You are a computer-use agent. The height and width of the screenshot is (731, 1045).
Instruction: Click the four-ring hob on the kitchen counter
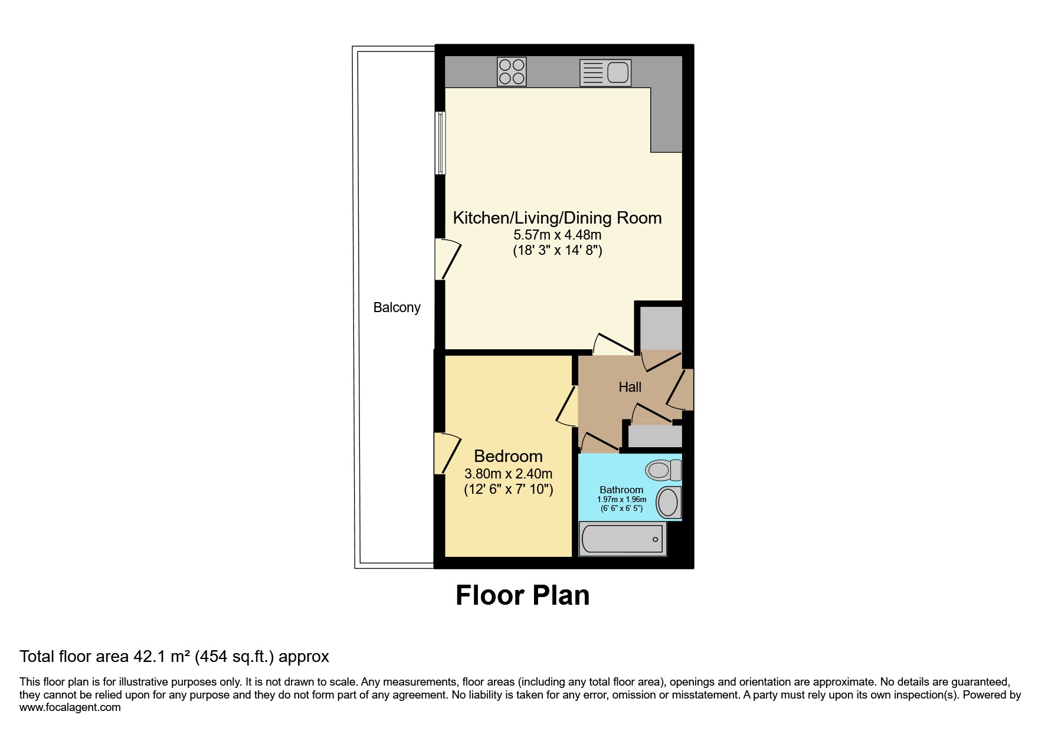(511, 71)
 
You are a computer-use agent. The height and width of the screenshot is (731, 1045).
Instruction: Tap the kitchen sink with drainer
(605, 73)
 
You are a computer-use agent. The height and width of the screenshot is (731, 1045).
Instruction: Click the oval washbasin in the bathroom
(668, 503)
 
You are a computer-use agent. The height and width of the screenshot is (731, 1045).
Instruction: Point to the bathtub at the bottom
(622, 539)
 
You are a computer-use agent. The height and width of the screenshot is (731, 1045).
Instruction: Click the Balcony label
(397, 307)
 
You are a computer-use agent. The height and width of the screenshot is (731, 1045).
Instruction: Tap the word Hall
(630, 387)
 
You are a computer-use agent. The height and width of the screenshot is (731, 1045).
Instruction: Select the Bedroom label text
(508, 456)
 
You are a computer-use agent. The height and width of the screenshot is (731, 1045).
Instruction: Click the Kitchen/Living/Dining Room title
(557, 218)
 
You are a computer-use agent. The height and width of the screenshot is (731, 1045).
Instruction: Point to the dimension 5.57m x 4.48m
(557, 235)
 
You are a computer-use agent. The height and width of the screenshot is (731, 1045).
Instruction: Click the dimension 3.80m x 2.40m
(508, 474)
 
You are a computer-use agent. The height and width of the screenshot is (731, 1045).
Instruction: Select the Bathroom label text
(621, 490)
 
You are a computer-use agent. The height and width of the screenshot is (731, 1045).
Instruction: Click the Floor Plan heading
(522, 595)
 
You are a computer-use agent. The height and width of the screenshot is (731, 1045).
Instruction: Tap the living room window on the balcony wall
(440, 143)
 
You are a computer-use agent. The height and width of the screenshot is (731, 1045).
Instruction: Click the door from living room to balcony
(447, 259)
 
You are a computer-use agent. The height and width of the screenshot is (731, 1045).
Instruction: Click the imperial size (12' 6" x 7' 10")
(508, 489)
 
